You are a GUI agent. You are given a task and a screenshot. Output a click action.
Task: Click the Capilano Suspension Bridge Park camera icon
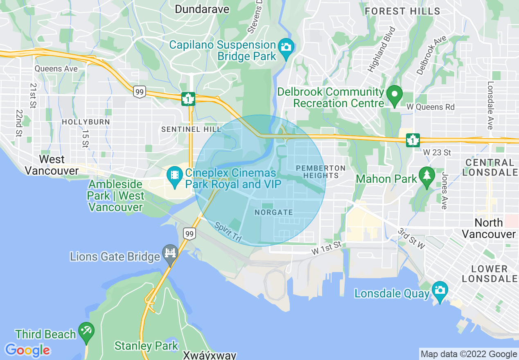286,46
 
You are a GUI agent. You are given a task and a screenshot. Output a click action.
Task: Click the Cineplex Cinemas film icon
175,175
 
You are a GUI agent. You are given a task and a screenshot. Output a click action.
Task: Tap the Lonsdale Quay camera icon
440,290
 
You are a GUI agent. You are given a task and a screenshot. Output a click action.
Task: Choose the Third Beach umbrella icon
86,330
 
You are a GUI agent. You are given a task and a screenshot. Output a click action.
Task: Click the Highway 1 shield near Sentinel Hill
188,99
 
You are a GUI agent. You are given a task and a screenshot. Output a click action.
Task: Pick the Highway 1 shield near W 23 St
413,140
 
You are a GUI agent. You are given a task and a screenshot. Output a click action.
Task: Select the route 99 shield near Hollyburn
140,92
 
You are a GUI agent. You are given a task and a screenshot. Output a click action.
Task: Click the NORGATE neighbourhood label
274,213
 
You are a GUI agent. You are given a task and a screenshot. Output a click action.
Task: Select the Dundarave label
202,9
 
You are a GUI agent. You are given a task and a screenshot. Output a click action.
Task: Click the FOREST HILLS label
402,11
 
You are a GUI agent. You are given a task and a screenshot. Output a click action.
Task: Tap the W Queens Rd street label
430,107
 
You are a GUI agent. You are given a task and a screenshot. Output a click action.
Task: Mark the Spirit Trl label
228,231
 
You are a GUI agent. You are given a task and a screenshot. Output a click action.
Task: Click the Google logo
27,350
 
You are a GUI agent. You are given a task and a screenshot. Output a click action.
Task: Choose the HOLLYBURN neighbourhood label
86,122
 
